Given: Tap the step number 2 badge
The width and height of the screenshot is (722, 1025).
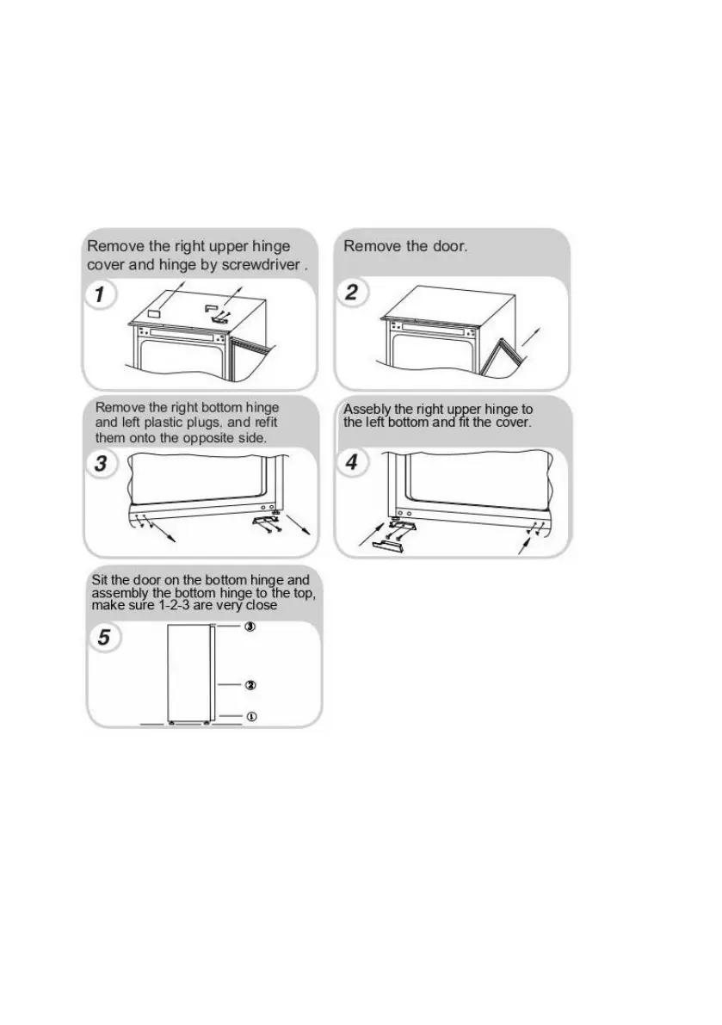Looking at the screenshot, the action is pyautogui.click(x=352, y=293).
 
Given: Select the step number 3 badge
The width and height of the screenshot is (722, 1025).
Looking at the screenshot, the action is pyautogui.click(x=101, y=464).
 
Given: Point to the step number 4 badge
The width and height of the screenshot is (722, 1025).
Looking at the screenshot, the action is pyautogui.click(x=352, y=463).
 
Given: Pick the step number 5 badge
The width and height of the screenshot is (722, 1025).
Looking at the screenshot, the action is pyautogui.click(x=104, y=638).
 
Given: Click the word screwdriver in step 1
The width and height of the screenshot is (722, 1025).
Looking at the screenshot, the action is pyautogui.click(x=261, y=265).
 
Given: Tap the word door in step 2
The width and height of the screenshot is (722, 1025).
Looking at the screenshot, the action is pyautogui.click(x=449, y=246).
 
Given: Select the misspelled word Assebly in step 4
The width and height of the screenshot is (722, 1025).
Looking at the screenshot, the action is pyautogui.click(x=367, y=410).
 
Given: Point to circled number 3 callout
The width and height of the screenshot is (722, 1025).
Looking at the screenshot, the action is pyautogui.click(x=250, y=627).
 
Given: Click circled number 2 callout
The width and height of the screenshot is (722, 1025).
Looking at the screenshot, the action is pyautogui.click(x=250, y=685).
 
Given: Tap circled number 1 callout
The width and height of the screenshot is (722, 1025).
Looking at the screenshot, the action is pyautogui.click(x=250, y=715).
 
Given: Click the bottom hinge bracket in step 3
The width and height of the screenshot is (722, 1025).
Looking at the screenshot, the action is pyautogui.click(x=263, y=521).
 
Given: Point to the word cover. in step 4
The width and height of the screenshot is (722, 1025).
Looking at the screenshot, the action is pyautogui.click(x=513, y=423).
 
